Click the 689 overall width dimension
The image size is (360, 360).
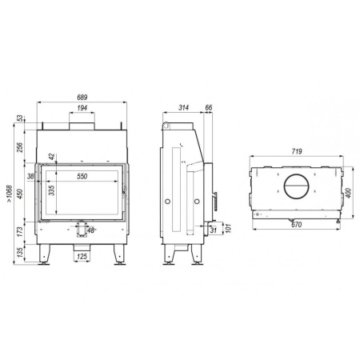coord(82,98)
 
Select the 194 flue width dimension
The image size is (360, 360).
coord(82,108)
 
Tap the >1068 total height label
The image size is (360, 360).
coord(10,194)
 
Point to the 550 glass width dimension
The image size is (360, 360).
coord(82,176)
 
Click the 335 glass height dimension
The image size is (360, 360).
coord(52,190)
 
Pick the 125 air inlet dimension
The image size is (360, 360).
coord(82,257)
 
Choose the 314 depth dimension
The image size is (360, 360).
coord(183,108)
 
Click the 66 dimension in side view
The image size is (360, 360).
coord(209,107)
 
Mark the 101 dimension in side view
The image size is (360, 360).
coord(228,228)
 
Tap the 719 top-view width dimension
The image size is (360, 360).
coord(297,151)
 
